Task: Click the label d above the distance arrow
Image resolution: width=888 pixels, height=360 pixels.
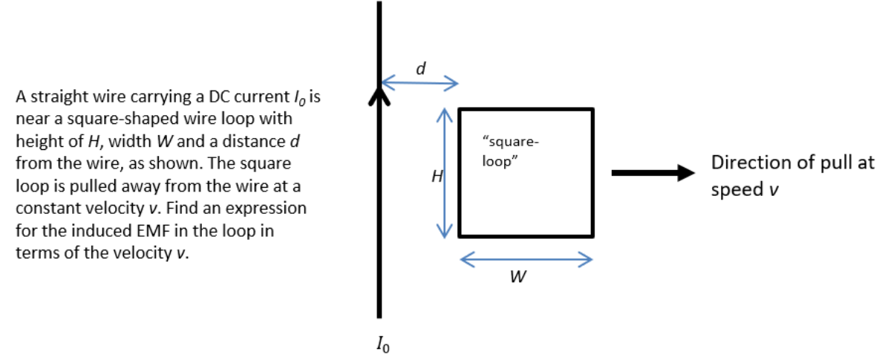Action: click(x=421, y=68)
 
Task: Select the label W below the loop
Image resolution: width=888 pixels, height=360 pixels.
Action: click(x=520, y=278)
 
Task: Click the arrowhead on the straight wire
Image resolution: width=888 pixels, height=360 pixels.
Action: click(x=379, y=96)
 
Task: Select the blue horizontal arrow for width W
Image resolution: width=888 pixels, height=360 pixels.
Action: click(x=526, y=259)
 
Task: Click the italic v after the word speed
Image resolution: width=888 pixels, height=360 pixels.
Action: click(x=774, y=189)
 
